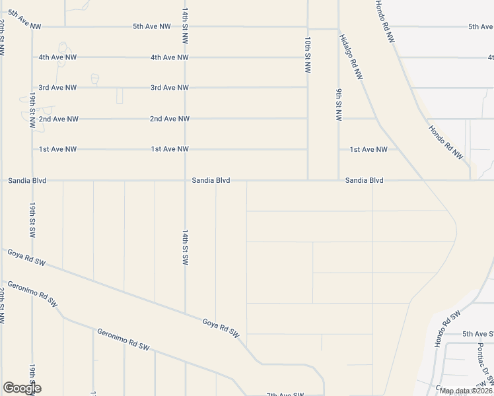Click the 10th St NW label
308,55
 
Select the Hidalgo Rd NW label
351,57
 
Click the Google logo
22,388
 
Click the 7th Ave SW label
285,394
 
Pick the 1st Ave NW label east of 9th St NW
369,150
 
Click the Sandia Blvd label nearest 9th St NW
364,180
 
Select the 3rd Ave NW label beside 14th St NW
170,88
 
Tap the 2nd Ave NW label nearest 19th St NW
58,119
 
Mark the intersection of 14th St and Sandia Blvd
185,180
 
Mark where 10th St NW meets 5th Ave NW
308,27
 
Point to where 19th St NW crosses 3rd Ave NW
32,88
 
